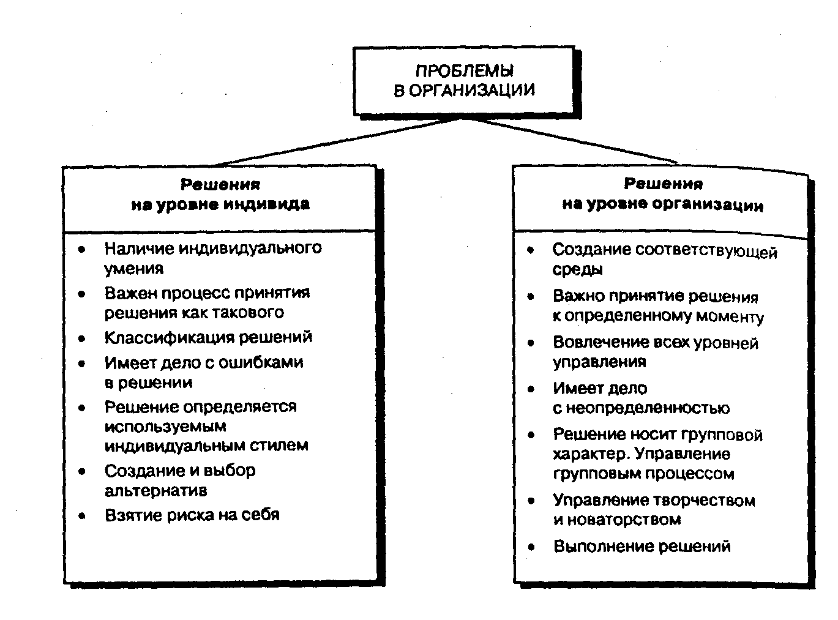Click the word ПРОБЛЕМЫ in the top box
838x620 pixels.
465,71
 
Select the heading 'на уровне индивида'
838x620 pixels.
220,204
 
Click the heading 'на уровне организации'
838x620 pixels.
663,204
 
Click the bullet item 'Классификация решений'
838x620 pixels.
208,337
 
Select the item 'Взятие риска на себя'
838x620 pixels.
192,515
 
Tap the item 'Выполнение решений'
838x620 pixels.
642,546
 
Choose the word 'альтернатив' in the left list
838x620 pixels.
155,490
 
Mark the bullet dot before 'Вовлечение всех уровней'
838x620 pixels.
531,343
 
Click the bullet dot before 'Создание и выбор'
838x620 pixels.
82,471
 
